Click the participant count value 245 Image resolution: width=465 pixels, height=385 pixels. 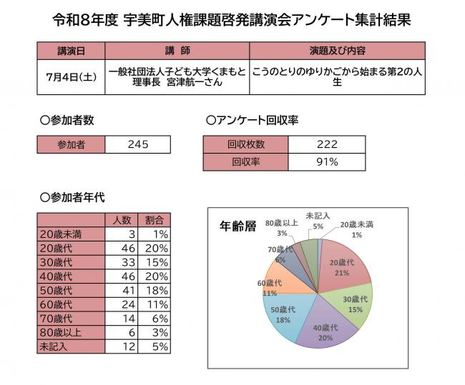coord(138,144)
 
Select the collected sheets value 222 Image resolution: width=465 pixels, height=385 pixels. coord(327,144)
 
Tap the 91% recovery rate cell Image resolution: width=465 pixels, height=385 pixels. coord(327,162)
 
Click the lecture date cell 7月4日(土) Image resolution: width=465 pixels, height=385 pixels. coord(71,77)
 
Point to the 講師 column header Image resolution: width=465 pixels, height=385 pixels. coord(177,51)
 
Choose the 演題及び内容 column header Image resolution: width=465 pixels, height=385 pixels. coord(337,51)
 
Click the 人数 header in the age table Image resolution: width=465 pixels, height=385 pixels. coord(122,220)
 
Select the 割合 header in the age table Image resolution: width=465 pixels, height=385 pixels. coord(155,220)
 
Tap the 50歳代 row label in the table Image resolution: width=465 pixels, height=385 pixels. coord(56,291)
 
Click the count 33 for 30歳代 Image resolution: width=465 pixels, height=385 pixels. coord(128,262)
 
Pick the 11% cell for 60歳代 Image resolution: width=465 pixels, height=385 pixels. coord(157,304)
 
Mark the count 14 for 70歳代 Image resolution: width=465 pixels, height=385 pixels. coord(129,319)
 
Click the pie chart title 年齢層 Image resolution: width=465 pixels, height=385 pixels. coord(238,226)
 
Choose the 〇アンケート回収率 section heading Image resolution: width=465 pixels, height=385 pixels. coord(252,120)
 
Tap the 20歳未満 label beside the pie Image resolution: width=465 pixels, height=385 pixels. coord(356,225)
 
